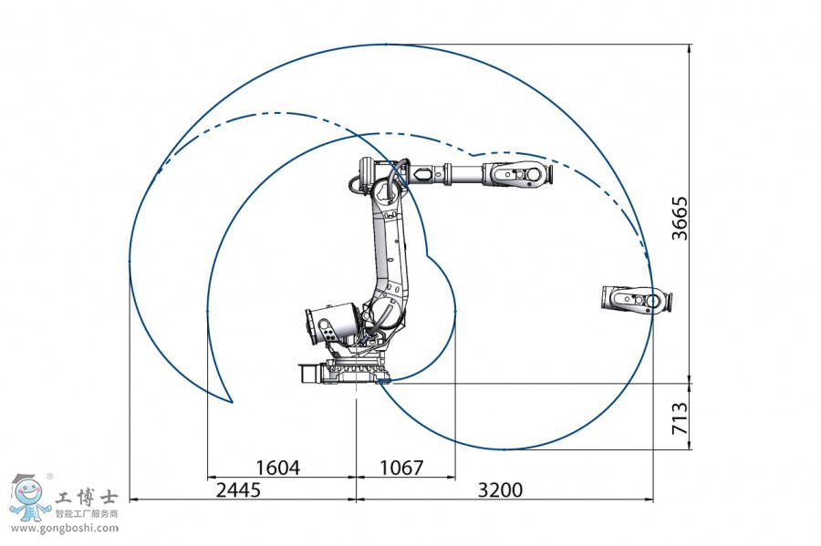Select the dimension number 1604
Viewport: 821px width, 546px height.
pyautogui.click(x=277, y=468)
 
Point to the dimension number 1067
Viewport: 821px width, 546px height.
pyautogui.click(x=401, y=468)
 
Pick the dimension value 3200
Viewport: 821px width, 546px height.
pyautogui.click(x=501, y=489)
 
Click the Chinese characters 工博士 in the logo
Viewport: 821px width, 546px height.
pyautogui.click(x=87, y=498)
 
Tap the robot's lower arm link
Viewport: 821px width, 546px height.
pyautogui.click(x=388, y=246)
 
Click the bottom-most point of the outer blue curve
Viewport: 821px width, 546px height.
pyautogui.click(x=503, y=449)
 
